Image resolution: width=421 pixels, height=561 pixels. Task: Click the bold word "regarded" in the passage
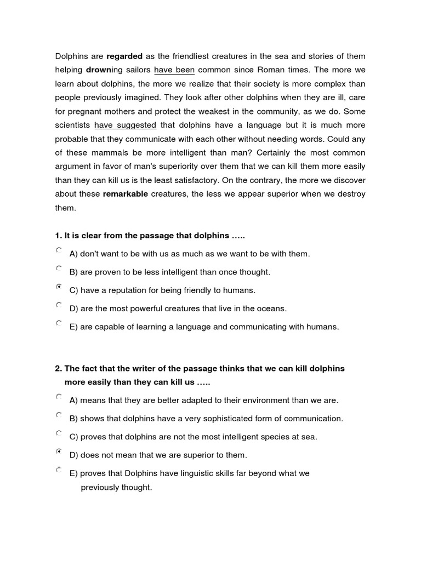pyautogui.click(x=124, y=56)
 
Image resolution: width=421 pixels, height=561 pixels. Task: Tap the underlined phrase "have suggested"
pyautogui.click(x=125, y=125)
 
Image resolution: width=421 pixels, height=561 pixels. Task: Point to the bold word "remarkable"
pyautogui.click(x=126, y=194)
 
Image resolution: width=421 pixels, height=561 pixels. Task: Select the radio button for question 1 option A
pyautogui.click(x=59, y=250)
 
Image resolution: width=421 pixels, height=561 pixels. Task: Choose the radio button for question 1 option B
pyautogui.click(x=59, y=268)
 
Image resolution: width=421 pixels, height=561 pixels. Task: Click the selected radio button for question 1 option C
pyautogui.click(x=59, y=287)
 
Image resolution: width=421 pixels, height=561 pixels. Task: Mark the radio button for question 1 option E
pyautogui.click(x=59, y=323)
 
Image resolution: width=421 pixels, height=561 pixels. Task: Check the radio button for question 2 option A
pyautogui.click(x=59, y=396)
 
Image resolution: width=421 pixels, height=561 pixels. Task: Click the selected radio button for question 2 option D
pyautogui.click(x=59, y=451)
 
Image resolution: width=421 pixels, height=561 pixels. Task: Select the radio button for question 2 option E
pyautogui.click(x=59, y=470)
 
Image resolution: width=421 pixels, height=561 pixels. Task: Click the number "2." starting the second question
pyautogui.click(x=59, y=369)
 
